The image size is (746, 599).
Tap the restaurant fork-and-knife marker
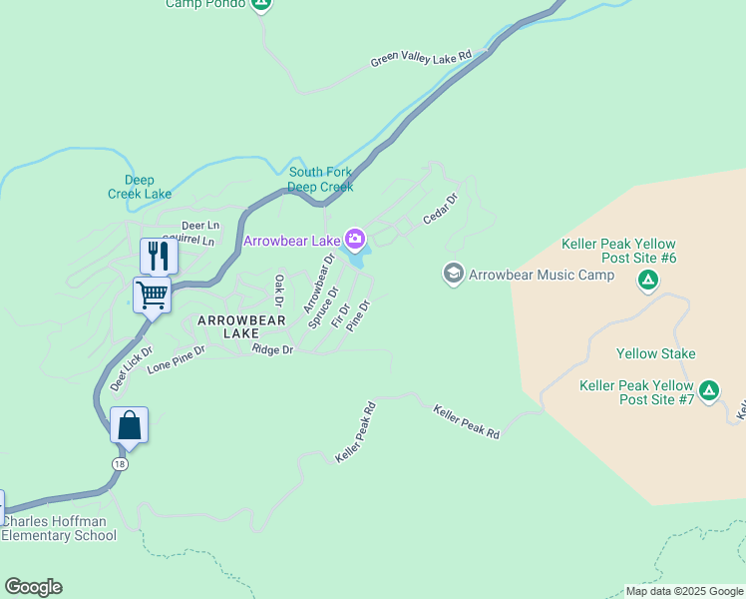coord(159,256)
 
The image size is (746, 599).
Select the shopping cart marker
coord(152,295)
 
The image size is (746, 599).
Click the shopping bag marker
coord(130,424)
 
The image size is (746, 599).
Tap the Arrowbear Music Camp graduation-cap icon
coord(454,274)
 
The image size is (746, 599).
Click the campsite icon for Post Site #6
coord(648,280)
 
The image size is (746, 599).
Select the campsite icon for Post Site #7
coord(709,390)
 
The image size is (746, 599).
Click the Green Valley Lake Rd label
coord(420,60)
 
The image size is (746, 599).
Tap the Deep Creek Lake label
coord(141,187)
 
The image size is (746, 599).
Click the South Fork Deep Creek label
coord(320,180)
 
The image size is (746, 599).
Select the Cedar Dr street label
coord(440,209)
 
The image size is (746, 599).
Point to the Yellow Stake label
coord(655,353)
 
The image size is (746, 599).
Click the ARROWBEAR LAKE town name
coord(241,326)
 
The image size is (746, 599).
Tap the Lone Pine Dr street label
coord(176,359)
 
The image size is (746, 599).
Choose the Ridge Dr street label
coord(273,349)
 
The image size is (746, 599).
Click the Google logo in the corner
coord(33,587)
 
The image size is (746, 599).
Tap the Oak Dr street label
coord(280,291)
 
